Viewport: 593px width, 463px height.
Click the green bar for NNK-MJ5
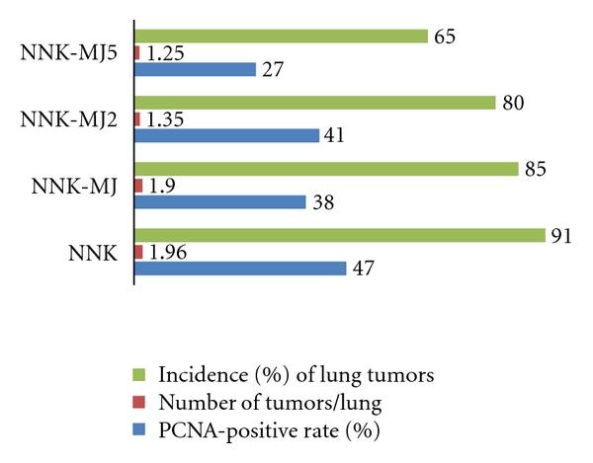pos(281,37)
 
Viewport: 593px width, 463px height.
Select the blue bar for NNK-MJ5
pos(195,70)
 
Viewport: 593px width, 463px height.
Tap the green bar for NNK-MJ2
pos(314,103)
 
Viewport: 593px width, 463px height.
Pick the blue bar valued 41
pos(226,136)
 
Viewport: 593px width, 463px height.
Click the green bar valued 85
pos(326,169)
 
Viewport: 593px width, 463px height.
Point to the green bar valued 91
pos(340,235)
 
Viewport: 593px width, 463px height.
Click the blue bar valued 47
pos(240,269)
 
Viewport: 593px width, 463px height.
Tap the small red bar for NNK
pos(138,252)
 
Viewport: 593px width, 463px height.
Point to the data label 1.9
pos(159,186)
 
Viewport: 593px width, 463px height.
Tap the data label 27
pos(272,70)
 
